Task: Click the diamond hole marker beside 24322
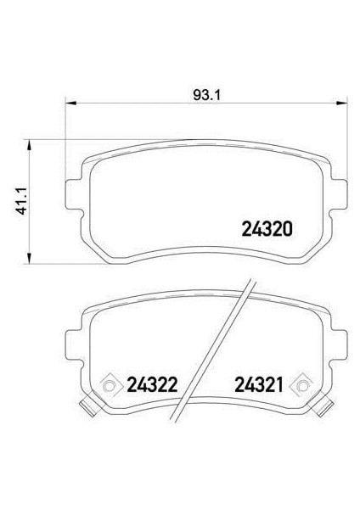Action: click(x=109, y=387)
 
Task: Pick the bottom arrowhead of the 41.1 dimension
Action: click(x=31, y=258)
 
